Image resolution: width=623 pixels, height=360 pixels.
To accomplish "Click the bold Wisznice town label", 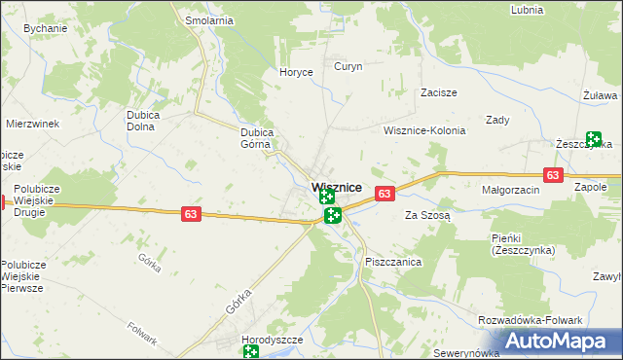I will (x=337, y=186).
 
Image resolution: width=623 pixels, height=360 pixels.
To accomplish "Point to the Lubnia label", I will (x=527, y=9).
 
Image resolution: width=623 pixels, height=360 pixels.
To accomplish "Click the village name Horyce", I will (x=296, y=72).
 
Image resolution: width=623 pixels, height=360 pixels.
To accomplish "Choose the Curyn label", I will (x=348, y=66).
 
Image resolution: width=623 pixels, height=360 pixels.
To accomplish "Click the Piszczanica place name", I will (x=393, y=262).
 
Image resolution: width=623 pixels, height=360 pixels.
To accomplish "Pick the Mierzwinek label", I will (x=33, y=124).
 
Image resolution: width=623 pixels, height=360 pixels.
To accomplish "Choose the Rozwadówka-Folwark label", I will (x=530, y=320).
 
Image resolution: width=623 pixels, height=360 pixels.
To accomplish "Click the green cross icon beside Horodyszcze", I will (x=251, y=352).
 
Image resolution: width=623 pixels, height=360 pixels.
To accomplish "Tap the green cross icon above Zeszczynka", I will (x=593, y=139).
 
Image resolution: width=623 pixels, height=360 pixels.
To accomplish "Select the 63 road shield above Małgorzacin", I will (x=553, y=175).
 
